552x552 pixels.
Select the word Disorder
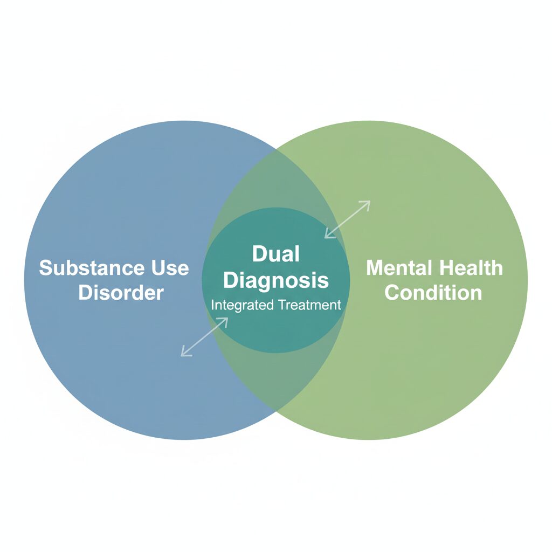click(x=121, y=293)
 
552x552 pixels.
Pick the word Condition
click(x=433, y=293)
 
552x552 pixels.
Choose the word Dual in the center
click(x=275, y=254)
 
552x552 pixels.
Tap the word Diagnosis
click(x=275, y=280)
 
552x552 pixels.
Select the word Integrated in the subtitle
click(x=242, y=305)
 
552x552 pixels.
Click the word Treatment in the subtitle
click(x=309, y=305)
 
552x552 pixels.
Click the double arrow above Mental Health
click(x=347, y=219)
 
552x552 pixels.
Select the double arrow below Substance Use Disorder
click(x=204, y=337)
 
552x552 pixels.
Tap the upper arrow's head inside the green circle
click(x=368, y=203)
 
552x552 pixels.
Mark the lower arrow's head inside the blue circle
click(x=183, y=354)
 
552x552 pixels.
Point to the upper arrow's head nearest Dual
click(x=326, y=236)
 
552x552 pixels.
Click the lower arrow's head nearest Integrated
click(x=226, y=319)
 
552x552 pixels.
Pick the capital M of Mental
click(x=375, y=268)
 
